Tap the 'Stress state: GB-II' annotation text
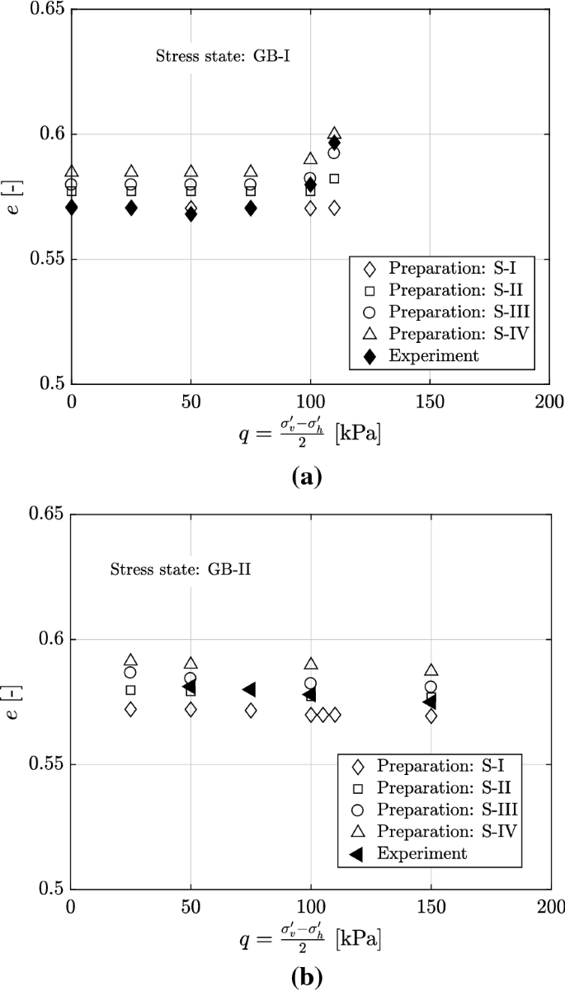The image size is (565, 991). coord(167,570)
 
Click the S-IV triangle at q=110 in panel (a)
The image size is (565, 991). coord(334,134)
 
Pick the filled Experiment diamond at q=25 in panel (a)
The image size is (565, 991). coord(131,208)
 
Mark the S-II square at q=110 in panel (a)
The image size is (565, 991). coord(334,178)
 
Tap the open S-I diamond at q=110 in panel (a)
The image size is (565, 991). coord(334,208)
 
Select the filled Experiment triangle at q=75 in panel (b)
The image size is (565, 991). coord(249,689)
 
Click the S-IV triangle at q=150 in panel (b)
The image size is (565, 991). coord(431,670)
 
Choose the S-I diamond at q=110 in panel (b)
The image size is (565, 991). coord(335,715)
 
